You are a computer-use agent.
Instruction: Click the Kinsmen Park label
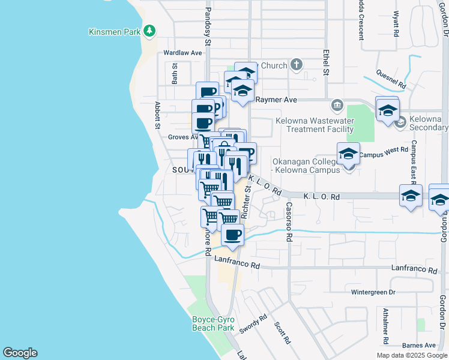(114, 32)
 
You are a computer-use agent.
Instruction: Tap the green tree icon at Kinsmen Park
(149, 31)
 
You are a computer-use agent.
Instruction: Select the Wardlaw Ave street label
(183, 53)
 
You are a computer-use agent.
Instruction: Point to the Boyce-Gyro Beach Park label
(212, 324)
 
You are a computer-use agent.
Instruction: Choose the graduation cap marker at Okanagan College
(348, 155)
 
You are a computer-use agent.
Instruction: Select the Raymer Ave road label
(277, 100)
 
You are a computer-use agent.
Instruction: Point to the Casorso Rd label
(289, 222)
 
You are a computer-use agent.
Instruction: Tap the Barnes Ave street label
(418, 345)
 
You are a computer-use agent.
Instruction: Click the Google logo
(20, 353)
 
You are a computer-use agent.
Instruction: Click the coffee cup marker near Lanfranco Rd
(232, 234)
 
